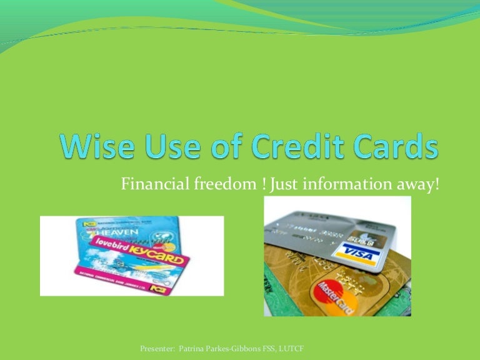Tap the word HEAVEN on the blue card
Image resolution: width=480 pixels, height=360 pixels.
112,233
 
